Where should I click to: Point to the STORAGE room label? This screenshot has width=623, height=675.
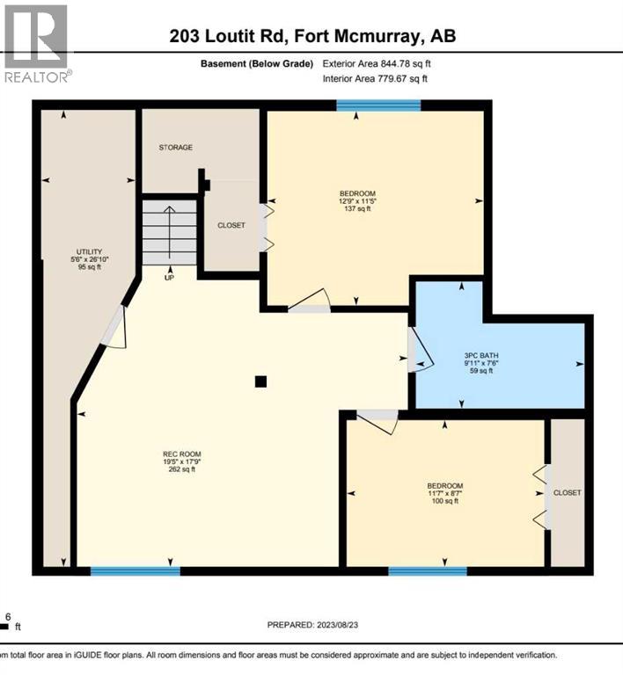click(175, 148)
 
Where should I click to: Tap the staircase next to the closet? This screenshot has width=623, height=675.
click(170, 231)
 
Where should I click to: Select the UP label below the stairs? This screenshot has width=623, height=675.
click(170, 278)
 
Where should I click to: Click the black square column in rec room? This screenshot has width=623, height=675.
click(260, 381)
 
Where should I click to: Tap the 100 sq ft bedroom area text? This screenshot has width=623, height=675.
click(444, 502)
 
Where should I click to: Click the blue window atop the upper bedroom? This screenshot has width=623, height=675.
click(378, 105)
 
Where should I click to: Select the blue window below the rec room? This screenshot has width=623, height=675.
click(136, 571)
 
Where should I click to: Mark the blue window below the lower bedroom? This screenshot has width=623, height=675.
click(428, 571)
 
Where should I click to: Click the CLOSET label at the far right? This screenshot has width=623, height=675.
click(568, 493)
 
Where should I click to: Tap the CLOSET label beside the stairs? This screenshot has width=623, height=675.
click(231, 225)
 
